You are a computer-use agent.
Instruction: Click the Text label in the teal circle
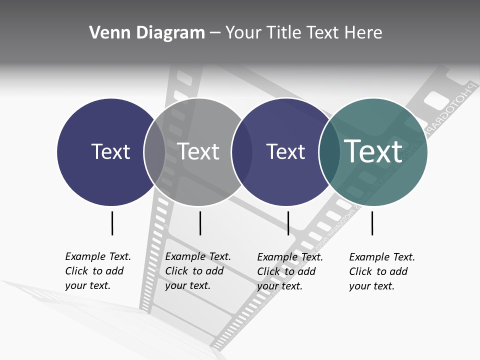pyautogui.click(x=373, y=151)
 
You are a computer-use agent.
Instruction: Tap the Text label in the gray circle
pyautogui.click(x=198, y=151)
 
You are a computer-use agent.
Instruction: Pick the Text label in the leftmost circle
pyautogui.click(x=110, y=151)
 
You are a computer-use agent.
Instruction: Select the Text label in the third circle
pyautogui.click(x=285, y=151)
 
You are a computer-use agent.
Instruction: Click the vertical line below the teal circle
pyautogui.click(x=372, y=223)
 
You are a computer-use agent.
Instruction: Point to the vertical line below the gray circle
pyautogui.click(x=200, y=223)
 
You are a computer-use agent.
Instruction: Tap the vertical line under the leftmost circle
pyautogui.click(x=112, y=223)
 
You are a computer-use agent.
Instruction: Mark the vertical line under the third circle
pyautogui.click(x=288, y=223)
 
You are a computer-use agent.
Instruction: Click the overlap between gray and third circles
pyautogui.click(x=242, y=152)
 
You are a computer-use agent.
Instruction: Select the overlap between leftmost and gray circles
pyautogui.click(x=154, y=152)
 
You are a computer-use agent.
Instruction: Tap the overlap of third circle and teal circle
pyautogui.click(x=329, y=152)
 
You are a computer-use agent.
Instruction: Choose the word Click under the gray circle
pyautogui.click(x=176, y=271)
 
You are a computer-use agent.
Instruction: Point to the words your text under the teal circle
pyautogui.click(x=371, y=286)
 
